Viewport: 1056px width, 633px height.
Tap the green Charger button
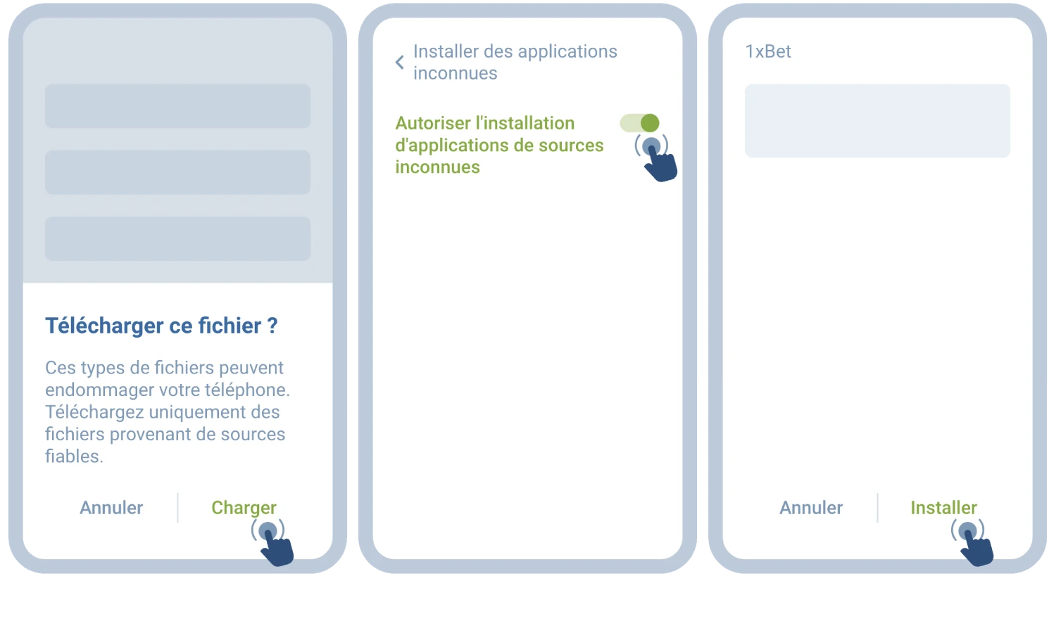244,508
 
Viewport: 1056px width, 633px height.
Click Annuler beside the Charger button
111,508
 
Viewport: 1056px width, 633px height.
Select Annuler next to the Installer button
811,508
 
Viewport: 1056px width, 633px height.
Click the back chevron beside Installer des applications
399,63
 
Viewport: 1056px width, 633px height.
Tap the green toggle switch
640,123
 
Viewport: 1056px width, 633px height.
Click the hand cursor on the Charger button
274,544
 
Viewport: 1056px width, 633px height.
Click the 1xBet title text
768,51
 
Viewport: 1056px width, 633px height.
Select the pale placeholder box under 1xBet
877,121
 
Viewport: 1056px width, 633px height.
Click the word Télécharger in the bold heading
105,326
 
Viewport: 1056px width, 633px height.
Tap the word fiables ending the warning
73,456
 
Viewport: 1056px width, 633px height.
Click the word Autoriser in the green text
433,123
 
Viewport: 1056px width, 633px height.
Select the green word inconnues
437,167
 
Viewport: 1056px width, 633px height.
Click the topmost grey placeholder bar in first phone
177,106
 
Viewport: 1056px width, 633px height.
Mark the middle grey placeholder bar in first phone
177,172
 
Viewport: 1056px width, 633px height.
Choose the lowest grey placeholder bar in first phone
177,238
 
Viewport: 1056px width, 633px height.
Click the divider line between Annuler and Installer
877,508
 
